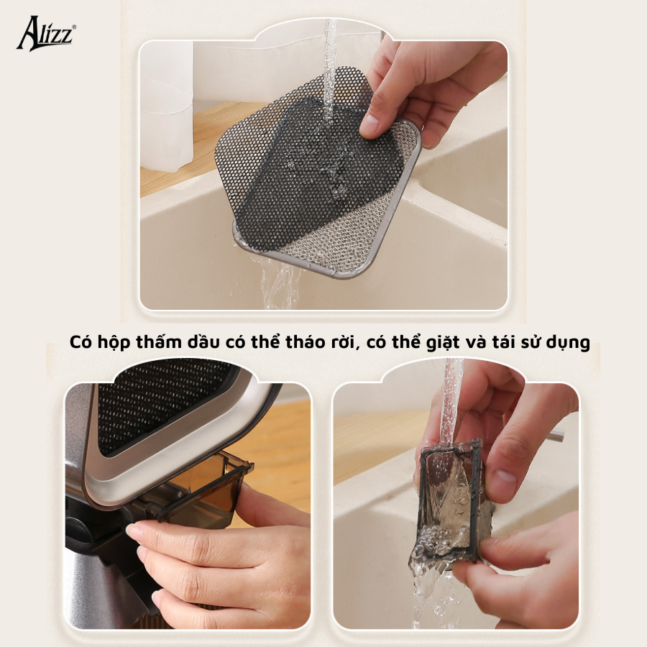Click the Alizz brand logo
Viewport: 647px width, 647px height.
46,33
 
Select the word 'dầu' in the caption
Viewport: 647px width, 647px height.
203,342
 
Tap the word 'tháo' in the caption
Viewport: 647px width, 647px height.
306,341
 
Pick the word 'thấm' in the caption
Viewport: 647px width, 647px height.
159,341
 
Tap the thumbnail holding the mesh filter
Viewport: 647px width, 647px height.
371,119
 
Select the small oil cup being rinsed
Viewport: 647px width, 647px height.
450,501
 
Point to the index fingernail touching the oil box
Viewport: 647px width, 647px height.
134,532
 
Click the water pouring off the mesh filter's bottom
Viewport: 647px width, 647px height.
280,280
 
